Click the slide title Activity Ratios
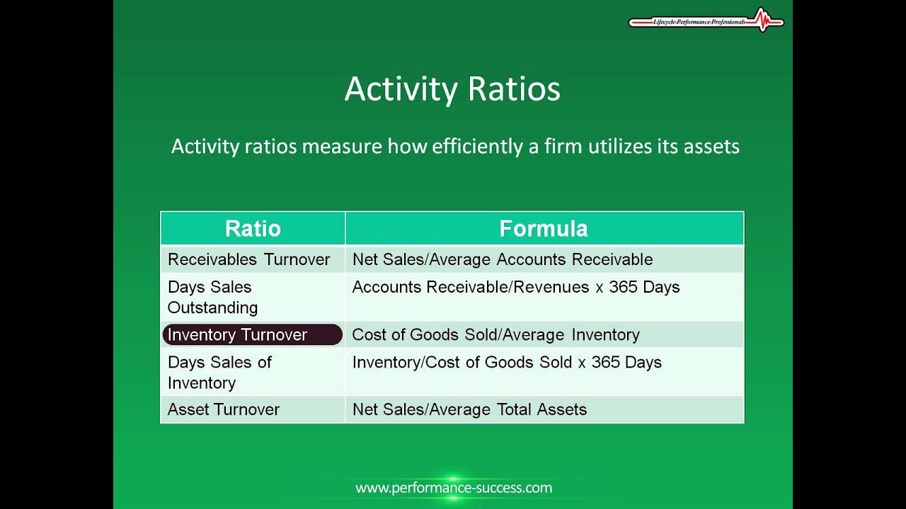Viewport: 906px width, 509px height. [x=452, y=90]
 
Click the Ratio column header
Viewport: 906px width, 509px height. [x=253, y=228]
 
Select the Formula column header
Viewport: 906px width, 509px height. [x=544, y=228]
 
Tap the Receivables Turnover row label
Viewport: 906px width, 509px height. [x=248, y=259]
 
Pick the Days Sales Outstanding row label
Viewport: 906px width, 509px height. [x=212, y=297]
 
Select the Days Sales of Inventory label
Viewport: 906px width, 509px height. [x=219, y=372]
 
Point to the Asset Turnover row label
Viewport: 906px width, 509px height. [x=223, y=409]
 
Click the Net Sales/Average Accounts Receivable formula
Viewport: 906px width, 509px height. [x=502, y=259]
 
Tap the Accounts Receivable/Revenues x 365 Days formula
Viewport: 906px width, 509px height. [x=515, y=287]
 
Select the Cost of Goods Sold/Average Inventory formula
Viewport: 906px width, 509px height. [x=495, y=334]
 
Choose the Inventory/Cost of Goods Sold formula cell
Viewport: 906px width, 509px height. [x=506, y=362]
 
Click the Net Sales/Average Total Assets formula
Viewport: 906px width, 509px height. [x=469, y=409]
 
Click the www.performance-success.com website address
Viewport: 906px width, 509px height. [x=453, y=488]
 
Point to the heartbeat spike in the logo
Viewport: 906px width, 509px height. [x=762, y=19]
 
